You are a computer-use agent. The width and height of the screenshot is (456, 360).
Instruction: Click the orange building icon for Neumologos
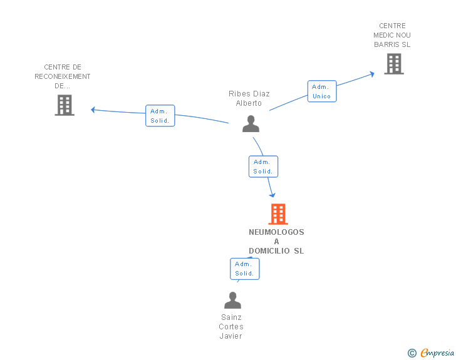[278, 214]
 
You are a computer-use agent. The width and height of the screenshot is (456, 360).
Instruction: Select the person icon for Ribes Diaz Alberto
[251, 123]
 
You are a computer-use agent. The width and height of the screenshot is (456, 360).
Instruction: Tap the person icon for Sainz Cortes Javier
[232, 300]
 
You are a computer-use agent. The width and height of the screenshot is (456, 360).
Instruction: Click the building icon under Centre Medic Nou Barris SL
[394, 64]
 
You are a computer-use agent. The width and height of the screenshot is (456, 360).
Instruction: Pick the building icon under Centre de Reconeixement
[65, 105]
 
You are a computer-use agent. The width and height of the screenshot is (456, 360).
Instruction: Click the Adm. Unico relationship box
[322, 91]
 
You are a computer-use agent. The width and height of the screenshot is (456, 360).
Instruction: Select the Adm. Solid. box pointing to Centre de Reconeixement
[160, 116]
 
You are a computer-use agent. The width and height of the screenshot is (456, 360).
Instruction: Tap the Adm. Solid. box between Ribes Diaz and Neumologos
[263, 167]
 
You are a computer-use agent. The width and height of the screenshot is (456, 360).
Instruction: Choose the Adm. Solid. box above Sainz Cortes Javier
[244, 269]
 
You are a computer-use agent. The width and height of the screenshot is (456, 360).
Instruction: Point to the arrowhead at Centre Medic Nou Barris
[372, 74]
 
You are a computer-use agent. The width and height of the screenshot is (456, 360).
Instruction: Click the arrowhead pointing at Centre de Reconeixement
[93, 110]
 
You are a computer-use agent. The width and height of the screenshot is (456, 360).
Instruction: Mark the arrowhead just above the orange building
[272, 195]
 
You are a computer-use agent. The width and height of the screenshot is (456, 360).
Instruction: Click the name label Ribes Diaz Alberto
[249, 98]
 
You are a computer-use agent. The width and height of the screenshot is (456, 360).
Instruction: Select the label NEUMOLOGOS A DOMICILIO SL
[276, 242]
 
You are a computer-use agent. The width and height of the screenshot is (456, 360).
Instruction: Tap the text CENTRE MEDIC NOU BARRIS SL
[392, 35]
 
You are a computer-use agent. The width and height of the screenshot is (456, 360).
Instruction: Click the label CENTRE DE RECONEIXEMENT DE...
[63, 76]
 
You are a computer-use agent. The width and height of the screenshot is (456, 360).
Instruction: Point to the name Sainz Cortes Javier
[231, 327]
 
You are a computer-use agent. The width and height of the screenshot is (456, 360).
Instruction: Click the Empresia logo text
[437, 352]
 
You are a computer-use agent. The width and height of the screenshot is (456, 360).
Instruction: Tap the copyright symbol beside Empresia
[412, 353]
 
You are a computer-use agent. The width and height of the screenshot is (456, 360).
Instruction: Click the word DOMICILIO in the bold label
[269, 250]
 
